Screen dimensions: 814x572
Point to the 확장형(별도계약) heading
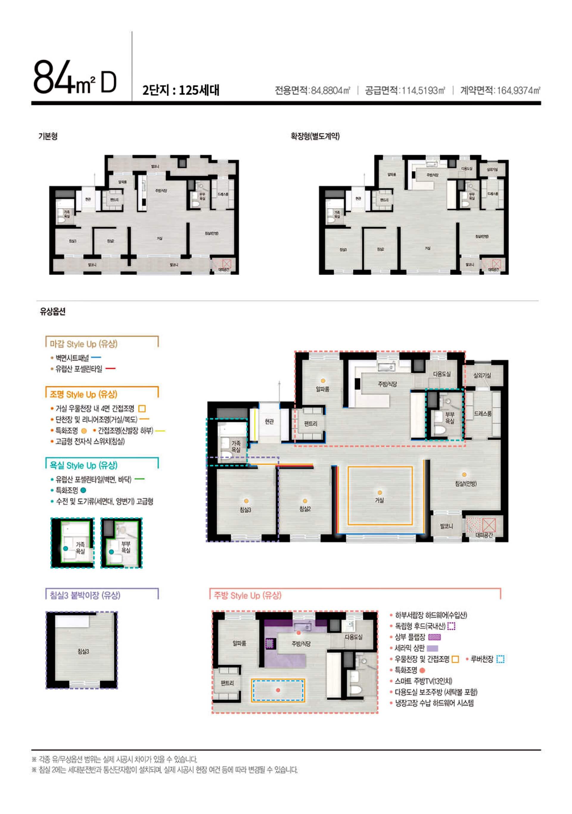click(315, 136)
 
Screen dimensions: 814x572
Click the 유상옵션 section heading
click(52, 311)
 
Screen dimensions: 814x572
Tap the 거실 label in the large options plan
click(379, 500)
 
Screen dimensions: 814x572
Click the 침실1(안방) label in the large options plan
click(466, 483)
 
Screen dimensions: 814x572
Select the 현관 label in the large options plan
click(269, 421)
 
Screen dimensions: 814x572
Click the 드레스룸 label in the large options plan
click(483, 413)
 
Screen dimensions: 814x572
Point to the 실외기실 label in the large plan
click(482, 375)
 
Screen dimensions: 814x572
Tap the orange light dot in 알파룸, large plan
click(323, 381)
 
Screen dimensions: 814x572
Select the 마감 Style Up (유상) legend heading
click(84, 344)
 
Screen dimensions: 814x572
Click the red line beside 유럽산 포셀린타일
click(111, 369)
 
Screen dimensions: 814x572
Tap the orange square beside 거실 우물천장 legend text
click(142, 408)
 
